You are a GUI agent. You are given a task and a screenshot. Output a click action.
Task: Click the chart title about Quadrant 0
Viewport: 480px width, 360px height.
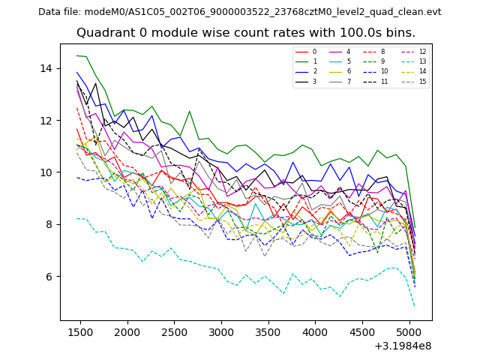click(245, 33)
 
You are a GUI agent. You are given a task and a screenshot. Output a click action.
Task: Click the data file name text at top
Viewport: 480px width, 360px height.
click(239, 12)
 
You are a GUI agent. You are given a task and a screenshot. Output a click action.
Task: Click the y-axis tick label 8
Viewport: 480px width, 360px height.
click(51, 224)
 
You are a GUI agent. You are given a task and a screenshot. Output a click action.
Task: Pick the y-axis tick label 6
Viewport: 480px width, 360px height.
click(51, 277)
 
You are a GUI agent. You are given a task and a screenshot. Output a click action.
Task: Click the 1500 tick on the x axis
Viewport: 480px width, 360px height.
click(80, 331)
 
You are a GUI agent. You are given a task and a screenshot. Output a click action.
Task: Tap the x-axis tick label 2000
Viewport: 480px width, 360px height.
click(127, 331)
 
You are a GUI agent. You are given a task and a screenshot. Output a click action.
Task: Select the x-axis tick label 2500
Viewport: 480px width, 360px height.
click(174, 331)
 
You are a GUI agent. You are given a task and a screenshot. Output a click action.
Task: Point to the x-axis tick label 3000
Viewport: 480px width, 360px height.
click(221, 331)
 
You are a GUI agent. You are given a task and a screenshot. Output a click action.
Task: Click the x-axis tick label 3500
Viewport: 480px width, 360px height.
click(268, 331)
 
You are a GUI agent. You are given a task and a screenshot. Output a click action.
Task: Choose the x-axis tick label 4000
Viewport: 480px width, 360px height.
click(315, 331)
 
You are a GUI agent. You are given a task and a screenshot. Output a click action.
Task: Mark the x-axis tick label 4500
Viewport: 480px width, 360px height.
click(362, 331)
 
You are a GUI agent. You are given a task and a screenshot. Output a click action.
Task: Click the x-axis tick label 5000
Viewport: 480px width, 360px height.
click(409, 331)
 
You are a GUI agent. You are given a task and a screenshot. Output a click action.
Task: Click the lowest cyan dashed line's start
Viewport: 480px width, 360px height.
click(77, 218)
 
